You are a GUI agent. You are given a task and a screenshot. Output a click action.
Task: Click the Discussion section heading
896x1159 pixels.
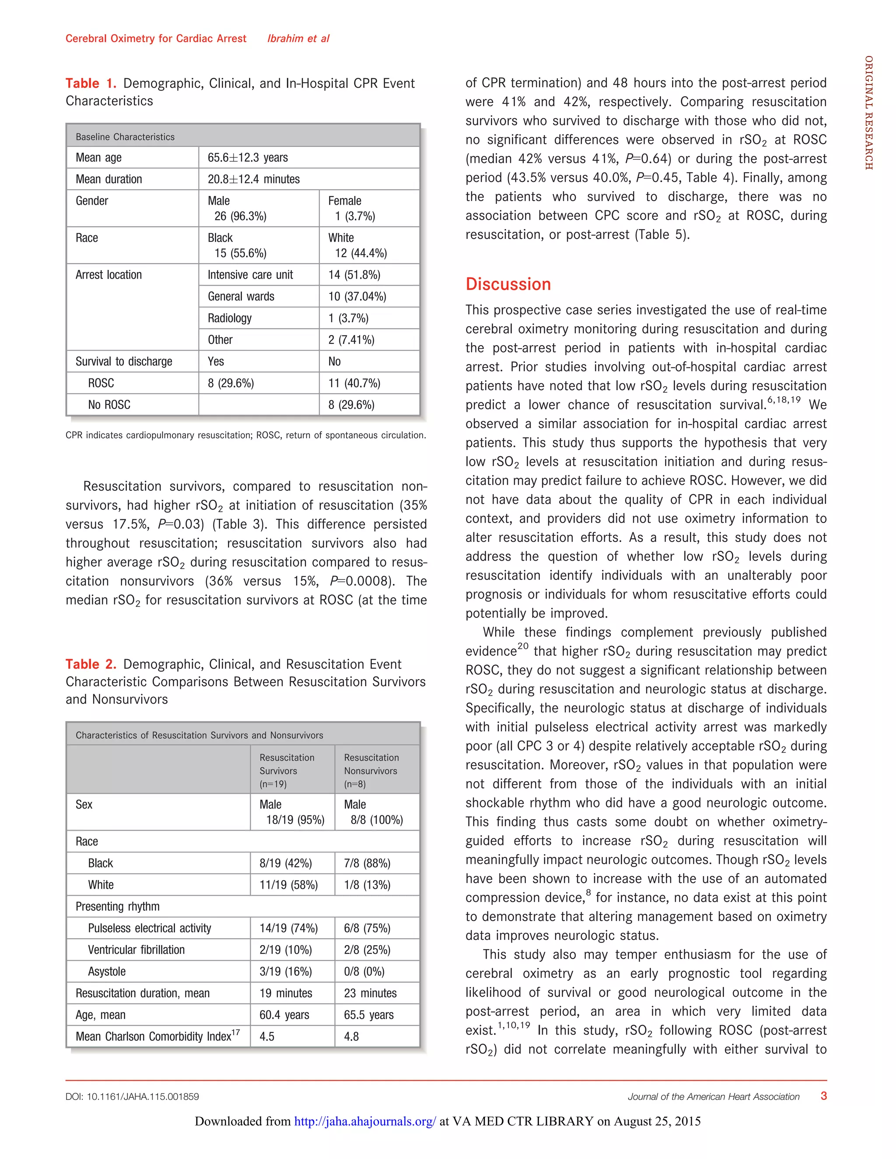[507, 284]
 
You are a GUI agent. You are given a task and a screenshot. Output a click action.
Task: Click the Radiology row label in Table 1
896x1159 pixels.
[229, 318]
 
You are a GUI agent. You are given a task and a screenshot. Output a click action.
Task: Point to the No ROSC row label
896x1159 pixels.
[109, 405]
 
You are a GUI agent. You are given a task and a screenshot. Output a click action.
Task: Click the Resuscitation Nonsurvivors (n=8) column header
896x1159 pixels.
[371, 770]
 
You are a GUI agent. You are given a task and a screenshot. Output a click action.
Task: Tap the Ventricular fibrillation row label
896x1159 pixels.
[136, 950]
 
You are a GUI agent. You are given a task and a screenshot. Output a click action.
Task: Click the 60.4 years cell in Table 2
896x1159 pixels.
[284, 1015]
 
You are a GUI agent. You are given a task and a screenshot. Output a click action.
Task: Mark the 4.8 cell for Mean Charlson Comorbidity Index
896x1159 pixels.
[351, 1037]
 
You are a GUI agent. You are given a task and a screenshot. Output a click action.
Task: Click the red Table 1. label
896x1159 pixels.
[90, 83]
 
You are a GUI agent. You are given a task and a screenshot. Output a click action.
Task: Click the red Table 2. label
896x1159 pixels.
[90, 664]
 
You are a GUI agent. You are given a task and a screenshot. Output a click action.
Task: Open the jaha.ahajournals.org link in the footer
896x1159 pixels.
[365, 1121]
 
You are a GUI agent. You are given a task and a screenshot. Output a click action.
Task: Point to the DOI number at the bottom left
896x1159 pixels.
[132, 1096]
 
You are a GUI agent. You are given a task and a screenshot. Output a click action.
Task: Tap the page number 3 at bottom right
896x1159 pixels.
[823, 1096]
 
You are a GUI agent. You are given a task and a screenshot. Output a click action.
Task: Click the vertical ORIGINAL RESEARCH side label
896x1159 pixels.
[868, 112]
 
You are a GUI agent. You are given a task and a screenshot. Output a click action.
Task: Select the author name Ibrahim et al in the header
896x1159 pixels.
[298, 38]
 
